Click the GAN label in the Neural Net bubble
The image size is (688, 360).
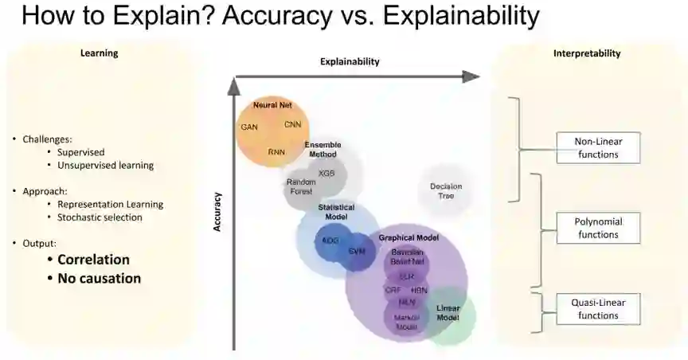click(x=249, y=127)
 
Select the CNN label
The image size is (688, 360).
click(x=292, y=124)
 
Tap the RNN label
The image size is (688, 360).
click(x=276, y=151)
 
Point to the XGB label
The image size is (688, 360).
click(x=326, y=173)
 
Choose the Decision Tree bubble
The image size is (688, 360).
click(x=446, y=191)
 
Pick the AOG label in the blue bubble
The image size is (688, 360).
click(x=330, y=240)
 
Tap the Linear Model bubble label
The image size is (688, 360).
click(x=448, y=313)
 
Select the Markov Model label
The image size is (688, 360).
click(x=407, y=322)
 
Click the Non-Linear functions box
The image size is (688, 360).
click(x=598, y=147)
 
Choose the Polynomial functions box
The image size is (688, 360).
click(x=598, y=228)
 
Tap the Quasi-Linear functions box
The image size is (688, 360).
click(x=598, y=309)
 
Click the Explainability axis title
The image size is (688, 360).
click(x=350, y=61)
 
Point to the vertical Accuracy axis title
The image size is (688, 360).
click(x=216, y=212)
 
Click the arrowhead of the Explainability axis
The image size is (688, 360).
click(x=471, y=76)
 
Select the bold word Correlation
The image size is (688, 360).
click(x=93, y=260)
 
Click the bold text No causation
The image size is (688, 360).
click(x=99, y=278)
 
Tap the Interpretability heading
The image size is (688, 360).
click(x=587, y=53)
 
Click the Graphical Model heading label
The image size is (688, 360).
click(x=408, y=237)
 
